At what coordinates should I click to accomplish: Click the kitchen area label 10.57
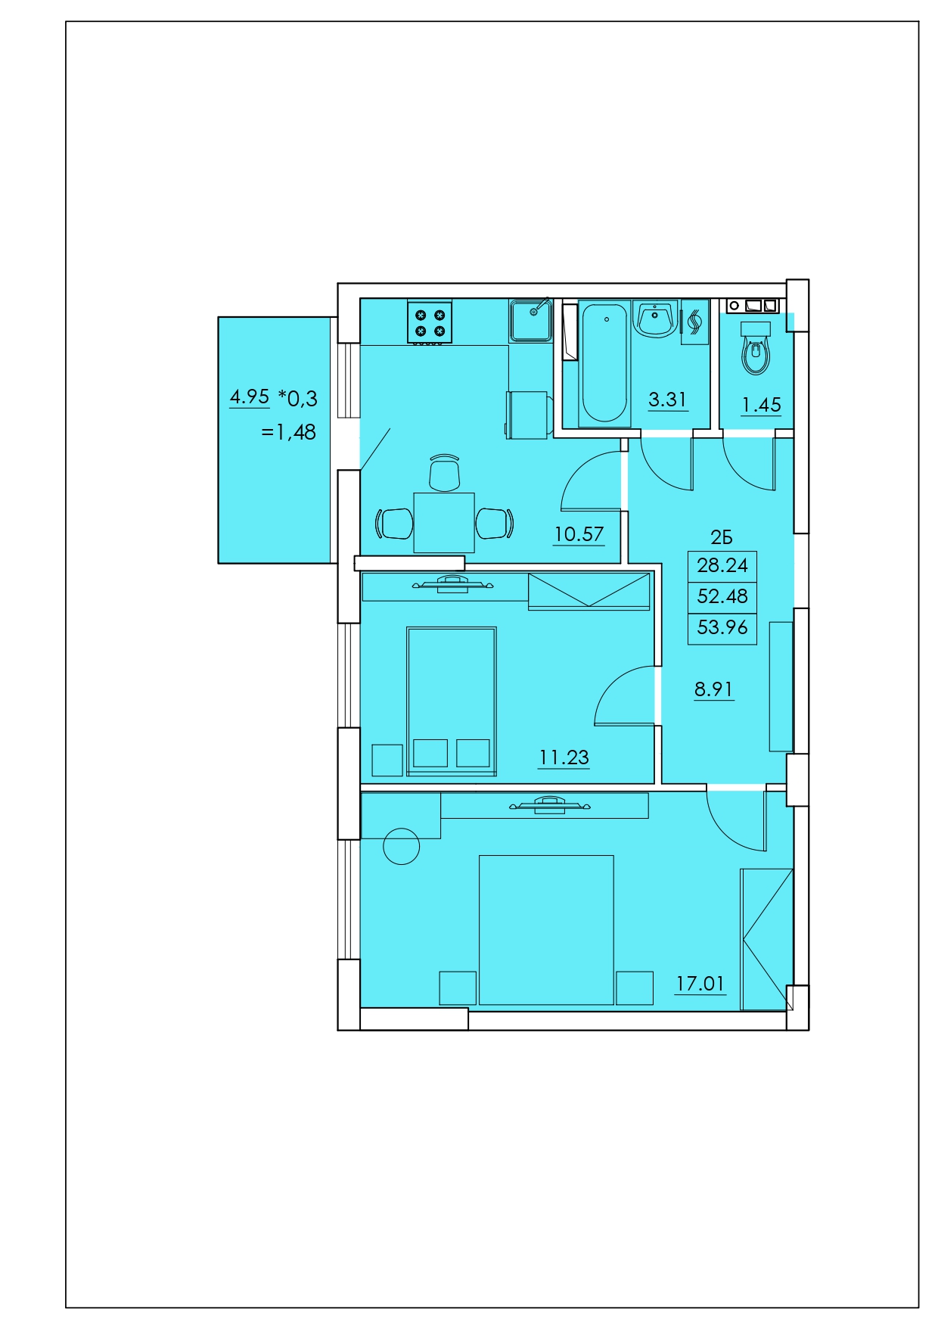coord(579,534)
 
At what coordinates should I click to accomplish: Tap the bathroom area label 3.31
coord(667,400)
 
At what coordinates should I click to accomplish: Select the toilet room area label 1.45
coord(761,405)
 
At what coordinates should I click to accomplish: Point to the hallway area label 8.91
coord(713,689)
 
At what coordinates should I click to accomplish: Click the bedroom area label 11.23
coord(564,757)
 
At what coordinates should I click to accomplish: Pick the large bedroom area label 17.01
coord(700,984)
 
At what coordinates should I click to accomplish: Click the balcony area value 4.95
coord(250,397)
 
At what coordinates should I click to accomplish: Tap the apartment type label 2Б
coord(722,537)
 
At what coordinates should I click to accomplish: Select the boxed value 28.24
coord(722,565)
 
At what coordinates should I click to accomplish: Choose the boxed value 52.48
coord(722,596)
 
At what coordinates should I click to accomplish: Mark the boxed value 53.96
coord(722,627)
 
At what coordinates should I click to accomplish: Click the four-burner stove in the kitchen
coord(430,322)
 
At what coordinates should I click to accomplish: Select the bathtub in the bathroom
coord(604,363)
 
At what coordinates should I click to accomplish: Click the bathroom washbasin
coord(655,319)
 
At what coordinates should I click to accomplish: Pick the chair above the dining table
coord(444,473)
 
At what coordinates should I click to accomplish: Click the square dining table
coord(444,523)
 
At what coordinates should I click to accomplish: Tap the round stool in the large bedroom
coord(401,846)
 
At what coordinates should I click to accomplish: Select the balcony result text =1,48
coord(288,432)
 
